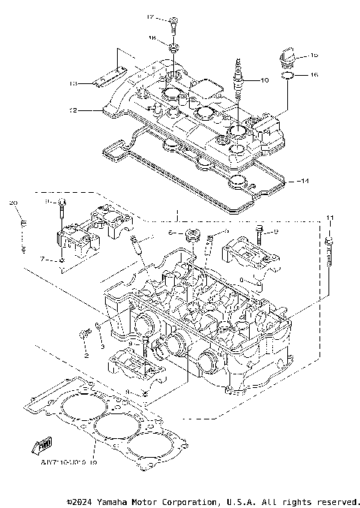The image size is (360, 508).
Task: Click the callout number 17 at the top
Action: click(x=150, y=17)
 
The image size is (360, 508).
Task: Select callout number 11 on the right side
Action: click(x=328, y=217)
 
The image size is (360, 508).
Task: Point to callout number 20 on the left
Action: click(x=13, y=203)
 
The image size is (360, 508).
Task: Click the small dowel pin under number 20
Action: click(x=23, y=224)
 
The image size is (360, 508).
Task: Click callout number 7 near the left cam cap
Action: click(x=43, y=259)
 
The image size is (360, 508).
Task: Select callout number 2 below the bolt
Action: click(x=85, y=355)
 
